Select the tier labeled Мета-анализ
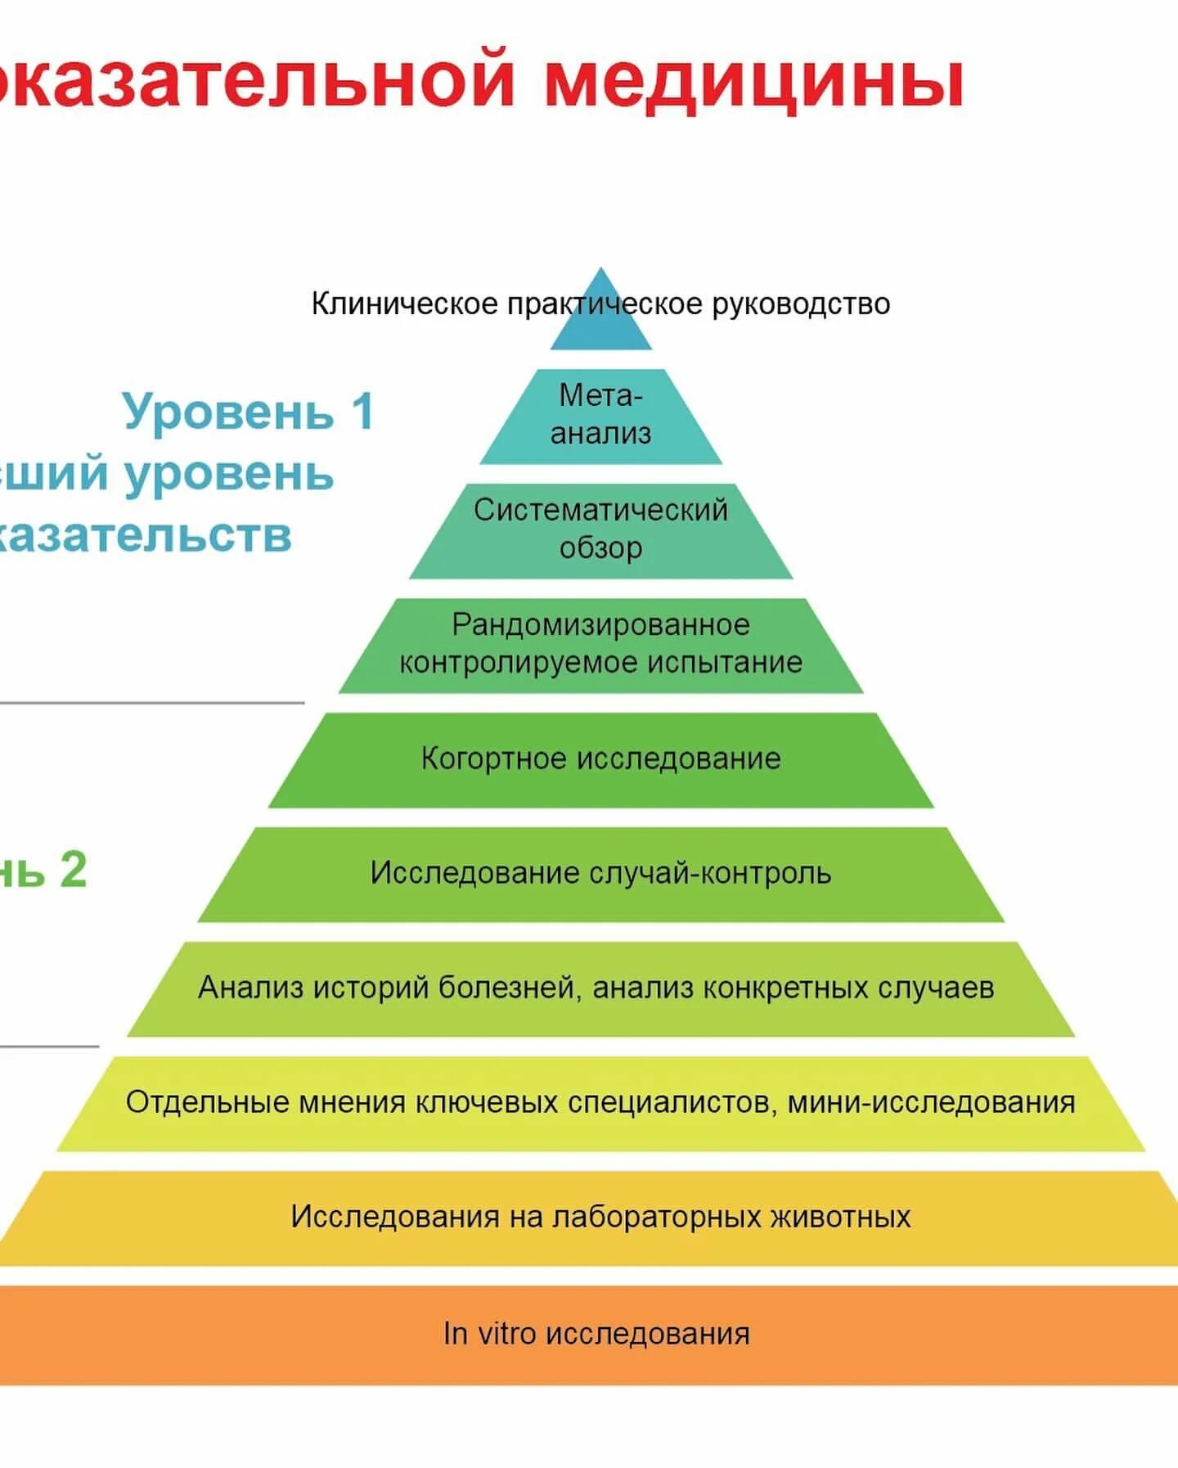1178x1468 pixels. click(x=601, y=416)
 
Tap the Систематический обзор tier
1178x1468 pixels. click(x=601, y=530)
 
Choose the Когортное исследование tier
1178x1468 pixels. click(x=601, y=759)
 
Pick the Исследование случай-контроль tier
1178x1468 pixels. click(x=601, y=874)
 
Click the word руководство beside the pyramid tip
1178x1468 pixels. click(x=801, y=304)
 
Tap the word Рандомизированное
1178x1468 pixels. click(x=601, y=625)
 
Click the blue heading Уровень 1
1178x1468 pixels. click(x=249, y=411)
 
